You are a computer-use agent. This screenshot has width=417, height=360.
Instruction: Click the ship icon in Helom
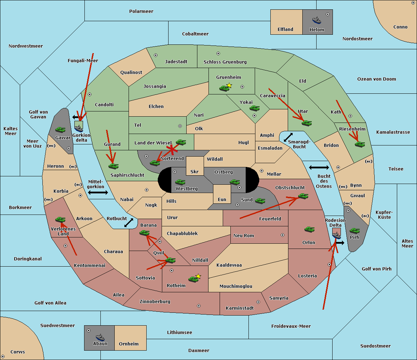(317, 20)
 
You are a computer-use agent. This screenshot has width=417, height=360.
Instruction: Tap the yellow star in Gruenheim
(229, 85)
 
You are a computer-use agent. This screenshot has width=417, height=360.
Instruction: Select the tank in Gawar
(60, 129)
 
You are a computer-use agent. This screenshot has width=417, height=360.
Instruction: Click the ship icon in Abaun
(100, 337)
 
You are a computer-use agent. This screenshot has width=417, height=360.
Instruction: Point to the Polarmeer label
(141, 11)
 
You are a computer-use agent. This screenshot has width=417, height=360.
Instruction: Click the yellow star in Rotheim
(198, 276)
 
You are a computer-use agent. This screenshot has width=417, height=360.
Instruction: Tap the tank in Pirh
(354, 231)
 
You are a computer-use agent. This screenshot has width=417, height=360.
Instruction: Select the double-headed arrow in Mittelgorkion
(98, 192)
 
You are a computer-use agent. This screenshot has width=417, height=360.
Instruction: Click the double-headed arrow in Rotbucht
(129, 223)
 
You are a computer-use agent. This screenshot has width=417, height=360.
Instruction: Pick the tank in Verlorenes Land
(60, 219)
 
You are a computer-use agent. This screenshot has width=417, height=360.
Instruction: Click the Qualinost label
(131, 72)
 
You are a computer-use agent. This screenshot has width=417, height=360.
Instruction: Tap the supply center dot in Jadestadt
(156, 55)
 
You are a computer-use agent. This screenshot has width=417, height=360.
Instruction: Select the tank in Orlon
(310, 229)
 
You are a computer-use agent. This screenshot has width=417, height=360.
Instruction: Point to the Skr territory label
(195, 171)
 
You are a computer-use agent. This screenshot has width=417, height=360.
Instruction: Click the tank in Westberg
(180, 182)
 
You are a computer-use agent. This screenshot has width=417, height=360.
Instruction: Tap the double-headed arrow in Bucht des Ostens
(319, 167)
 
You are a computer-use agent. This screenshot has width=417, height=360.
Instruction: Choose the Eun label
(222, 199)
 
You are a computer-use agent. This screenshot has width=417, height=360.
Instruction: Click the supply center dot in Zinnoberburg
(199, 306)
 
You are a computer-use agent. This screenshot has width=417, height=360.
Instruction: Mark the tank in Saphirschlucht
(113, 166)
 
